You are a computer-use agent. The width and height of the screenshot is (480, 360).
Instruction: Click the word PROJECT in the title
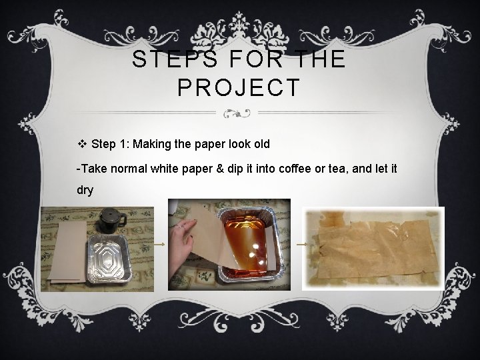(x=239, y=87)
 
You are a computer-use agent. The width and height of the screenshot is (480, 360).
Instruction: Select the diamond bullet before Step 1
(x=82, y=144)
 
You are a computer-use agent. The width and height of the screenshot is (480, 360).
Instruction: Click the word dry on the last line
(x=85, y=190)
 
